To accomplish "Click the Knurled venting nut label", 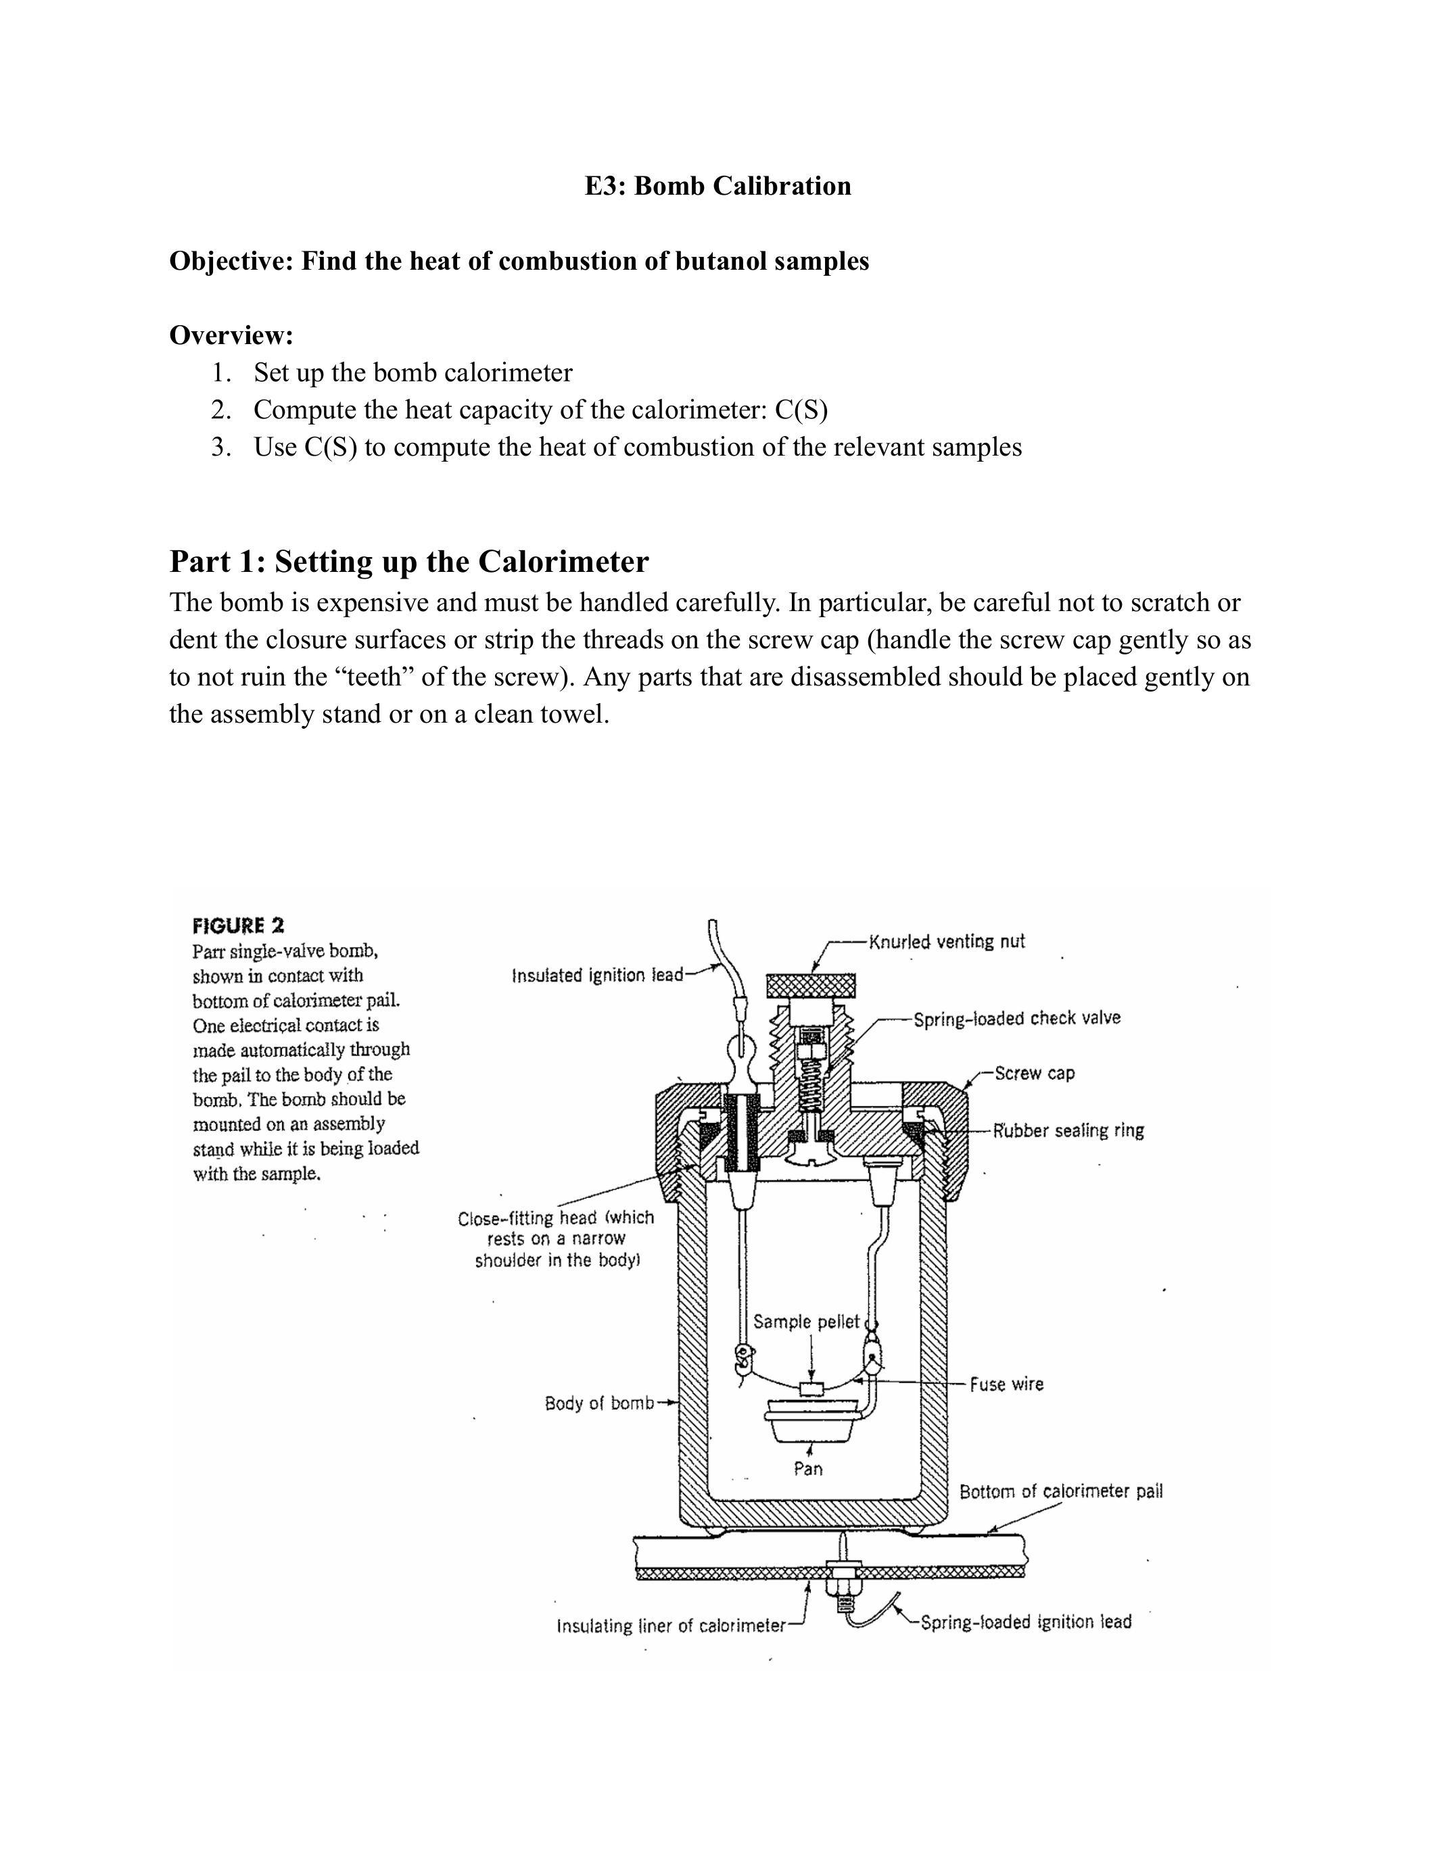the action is [947, 942].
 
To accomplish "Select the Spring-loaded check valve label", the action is [1017, 1018].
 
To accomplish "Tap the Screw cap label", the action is [1035, 1073].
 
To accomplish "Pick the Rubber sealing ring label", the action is [1068, 1130].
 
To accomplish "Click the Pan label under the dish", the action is [808, 1469].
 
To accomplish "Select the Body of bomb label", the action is [599, 1403].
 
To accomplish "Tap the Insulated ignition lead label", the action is [598, 975].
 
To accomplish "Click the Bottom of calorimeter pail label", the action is [1061, 1491].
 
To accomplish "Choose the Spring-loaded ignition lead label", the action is [1027, 1622].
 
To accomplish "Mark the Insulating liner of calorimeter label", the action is [671, 1626].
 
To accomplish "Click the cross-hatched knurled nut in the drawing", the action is [811, 986].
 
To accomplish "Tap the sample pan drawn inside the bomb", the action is [809, 1419].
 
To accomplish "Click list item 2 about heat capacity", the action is [519, 410].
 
